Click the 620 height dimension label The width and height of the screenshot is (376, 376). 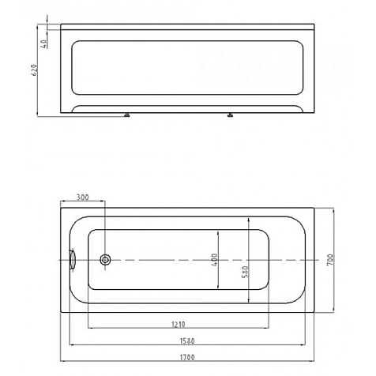[35, 70]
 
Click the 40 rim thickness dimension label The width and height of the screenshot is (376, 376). [44, 43]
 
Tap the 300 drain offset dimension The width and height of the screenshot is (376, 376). [82, 197]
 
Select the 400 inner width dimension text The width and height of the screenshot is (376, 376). [215, 260]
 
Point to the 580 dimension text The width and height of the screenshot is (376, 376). [245, 272]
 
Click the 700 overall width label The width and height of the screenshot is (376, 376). [330, 260]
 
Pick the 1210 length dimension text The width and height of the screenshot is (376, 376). [179, 325]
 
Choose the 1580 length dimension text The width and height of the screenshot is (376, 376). [187, 341]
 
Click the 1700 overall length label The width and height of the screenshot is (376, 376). [187, 357]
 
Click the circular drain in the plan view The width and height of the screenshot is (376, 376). [105, 260]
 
